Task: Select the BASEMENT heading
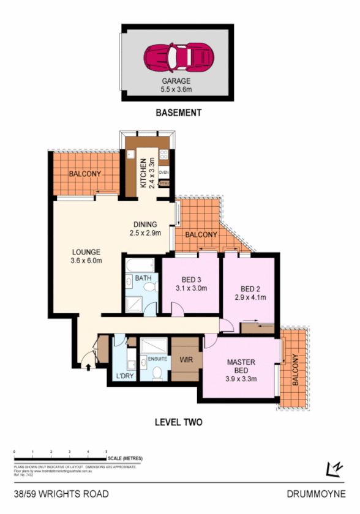point(179,113)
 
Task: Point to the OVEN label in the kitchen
point(163,173)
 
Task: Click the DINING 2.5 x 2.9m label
point(145,228)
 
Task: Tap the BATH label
point(143,278)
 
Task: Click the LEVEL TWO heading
point(179,422)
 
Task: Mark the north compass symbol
point(334,468)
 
